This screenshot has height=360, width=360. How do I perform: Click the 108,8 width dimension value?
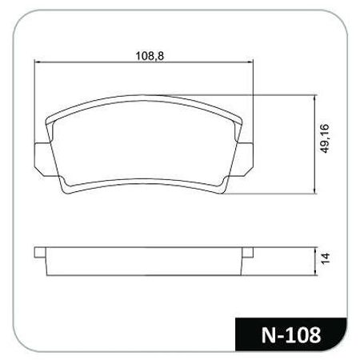[x=150, y=56]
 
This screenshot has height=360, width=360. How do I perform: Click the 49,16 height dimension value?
[x=325, y=138]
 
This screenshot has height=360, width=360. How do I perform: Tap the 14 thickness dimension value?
[x=325, y=258]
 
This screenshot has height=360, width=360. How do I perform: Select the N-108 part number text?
[x=291, y=335]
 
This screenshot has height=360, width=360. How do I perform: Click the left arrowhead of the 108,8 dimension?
[x=37, y=62]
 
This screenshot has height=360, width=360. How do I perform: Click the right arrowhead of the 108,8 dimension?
[x=250, y=62]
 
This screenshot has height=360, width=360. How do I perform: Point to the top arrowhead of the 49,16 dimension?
[x=315, y=98]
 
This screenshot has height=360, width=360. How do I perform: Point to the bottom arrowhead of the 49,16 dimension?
[x=315, y=191]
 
